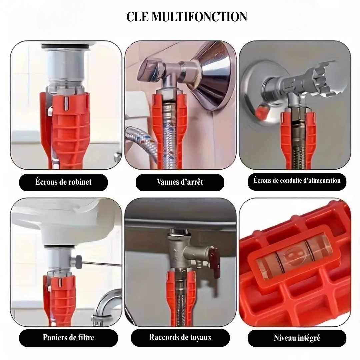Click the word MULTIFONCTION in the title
pyautogui.click(x=199, y=17)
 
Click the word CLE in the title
pyautogui.click(x=138, y=17)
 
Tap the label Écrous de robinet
pyautogui.click(x=63, y=182)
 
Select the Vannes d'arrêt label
pyautogui.click(x=180, y=182)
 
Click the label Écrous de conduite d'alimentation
pyautogui.click(x=297, y=181)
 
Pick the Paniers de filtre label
pyautogui.click(x=68, y=337)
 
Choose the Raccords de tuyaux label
pyautogui.click(x=180, y=337)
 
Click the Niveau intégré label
pyautogui.click(x=297, y=338)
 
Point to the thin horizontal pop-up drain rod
pyautogui.click(x=101, y=264)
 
